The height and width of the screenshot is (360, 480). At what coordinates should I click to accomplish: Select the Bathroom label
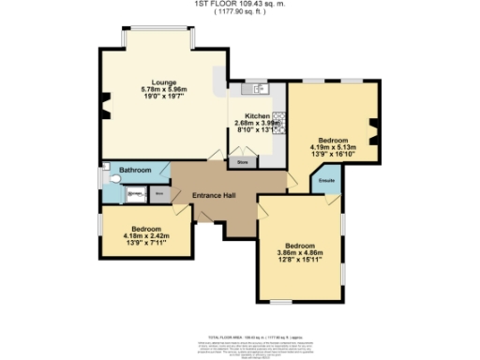coord(135,170)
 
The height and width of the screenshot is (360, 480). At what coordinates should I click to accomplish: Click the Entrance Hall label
coord(214,195)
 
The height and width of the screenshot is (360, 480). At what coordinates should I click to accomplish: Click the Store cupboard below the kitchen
coord(241,161)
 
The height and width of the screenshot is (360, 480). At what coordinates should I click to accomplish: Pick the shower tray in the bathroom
coord(134,194)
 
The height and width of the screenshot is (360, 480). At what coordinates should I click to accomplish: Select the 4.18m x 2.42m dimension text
coord(145,236)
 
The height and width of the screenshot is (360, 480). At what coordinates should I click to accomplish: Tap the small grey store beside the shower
coord(158,194)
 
